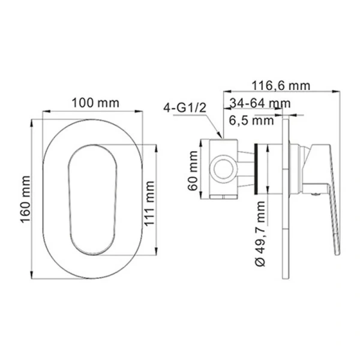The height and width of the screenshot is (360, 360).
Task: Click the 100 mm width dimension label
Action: coord(95,103)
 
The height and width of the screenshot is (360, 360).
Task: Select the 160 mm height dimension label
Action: coord(25,200)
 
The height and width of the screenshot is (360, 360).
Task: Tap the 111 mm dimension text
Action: coord(149,203)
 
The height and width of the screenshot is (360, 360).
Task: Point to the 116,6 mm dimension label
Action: coord(281,86)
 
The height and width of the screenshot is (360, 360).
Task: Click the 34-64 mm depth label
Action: coord(260,103)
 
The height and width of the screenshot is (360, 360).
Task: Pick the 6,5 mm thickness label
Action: coord(251,121)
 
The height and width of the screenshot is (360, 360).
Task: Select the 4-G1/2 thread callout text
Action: coord(185,107)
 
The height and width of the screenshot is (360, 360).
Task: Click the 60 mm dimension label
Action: coord(193,171)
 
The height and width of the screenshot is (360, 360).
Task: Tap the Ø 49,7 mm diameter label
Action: coord(260,233)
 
